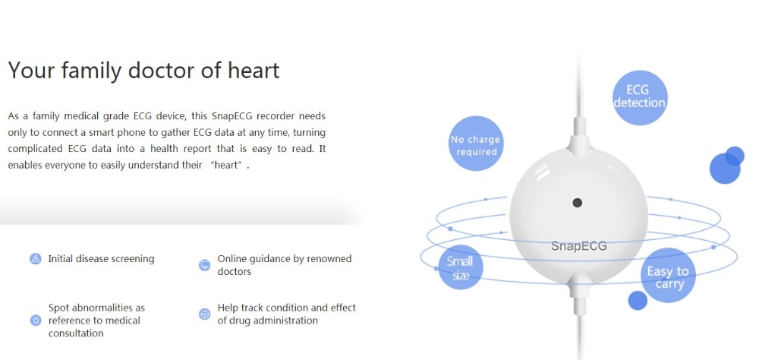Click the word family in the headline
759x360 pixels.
[x=91, y=71]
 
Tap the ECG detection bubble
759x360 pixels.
[x=639, y=97]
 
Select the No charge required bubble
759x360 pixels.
[x=476, y=144]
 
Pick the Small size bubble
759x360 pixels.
[x=460, y=267]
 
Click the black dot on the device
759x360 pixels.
[x=577, y=203]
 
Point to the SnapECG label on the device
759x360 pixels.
[x=578, y=246]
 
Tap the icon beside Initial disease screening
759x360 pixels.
[x=36, y=259]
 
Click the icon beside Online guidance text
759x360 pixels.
[x=205, y=265]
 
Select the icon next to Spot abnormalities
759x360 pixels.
[x=36, y=321]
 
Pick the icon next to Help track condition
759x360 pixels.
[x=205, y=314]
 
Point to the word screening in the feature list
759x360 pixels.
[x=132, y=259]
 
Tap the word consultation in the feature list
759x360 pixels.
[x=76, y=333]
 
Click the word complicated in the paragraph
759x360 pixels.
[x=34, y=149]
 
